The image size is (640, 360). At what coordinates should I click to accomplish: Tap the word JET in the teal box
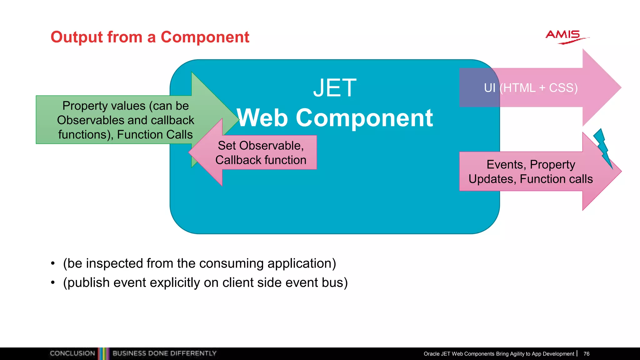(335, 88)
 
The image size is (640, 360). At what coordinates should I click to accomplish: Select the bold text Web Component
(335, 118)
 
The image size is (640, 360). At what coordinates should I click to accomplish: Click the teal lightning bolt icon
(603, 147)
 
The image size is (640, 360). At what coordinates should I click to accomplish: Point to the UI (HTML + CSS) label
(531, 88)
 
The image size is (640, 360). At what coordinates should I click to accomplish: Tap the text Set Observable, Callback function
(261, 153)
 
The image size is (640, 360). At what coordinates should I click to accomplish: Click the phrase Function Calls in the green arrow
(155, 135)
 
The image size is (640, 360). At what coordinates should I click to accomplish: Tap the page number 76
(586, 354)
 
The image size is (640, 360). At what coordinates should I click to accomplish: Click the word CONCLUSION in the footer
(72, 353)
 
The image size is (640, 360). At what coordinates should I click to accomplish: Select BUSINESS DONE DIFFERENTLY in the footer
(164, 353)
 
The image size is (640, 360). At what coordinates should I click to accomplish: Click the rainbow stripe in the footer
(104, 353)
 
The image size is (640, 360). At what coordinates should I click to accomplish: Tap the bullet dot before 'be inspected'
(53, 263)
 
